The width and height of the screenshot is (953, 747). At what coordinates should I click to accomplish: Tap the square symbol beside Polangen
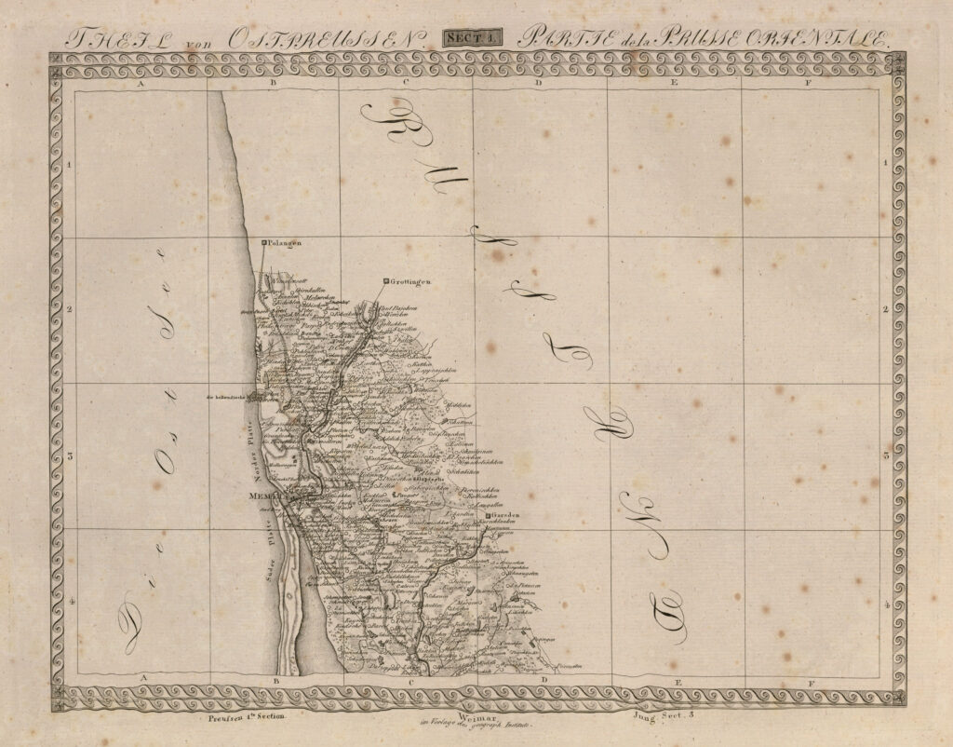pos(264,242)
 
